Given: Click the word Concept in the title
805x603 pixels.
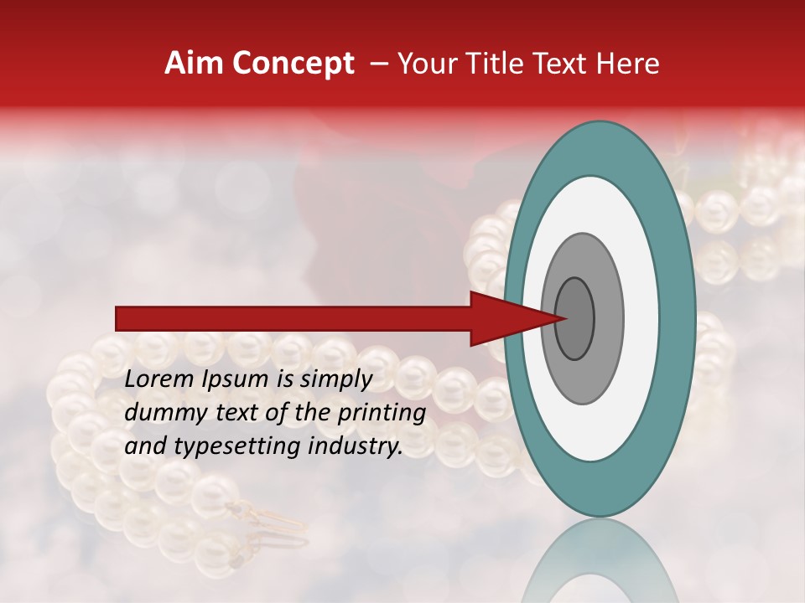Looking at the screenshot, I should click(x=293, y=64).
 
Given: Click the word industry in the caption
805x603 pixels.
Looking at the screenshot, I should click(x=352, y=446).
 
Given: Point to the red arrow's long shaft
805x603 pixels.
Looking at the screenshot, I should click(x=293, y=318).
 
